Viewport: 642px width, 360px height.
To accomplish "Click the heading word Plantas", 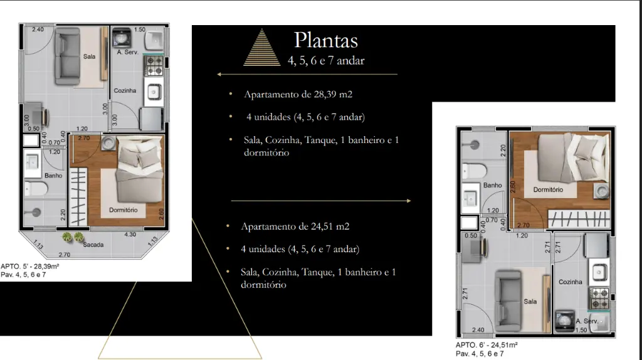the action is coord(326,41).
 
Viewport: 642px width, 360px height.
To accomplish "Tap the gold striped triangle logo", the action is coord(262,48).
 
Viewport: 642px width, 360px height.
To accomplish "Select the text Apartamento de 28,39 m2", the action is coord(298,94).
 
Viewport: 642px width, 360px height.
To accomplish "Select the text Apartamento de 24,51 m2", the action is coord(295,226).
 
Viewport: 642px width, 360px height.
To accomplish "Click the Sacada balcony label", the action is coord(93,245).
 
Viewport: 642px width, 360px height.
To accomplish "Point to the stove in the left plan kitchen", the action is coord(154,66).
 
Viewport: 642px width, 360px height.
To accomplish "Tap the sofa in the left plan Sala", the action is coord(68,56).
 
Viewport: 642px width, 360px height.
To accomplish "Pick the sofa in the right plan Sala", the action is coord(508,300).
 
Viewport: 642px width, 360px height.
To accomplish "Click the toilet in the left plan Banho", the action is coord(36,189).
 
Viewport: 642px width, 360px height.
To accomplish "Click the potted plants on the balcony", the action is coord(73,237).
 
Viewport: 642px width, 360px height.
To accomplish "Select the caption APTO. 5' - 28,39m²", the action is coord(30,266).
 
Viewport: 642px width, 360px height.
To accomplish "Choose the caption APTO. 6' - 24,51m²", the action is coord(487,345).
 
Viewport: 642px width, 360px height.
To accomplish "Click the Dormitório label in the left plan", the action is coord(124,210).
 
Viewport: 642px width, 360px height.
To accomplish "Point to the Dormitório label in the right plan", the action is coord(548,189).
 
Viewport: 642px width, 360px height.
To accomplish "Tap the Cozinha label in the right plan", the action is coord(571,282).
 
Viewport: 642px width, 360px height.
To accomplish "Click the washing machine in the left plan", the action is coord(122,38).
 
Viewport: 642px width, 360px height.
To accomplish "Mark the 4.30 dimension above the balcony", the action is coord(130,235).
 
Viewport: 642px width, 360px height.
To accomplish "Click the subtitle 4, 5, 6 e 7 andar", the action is coord(326,61).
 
